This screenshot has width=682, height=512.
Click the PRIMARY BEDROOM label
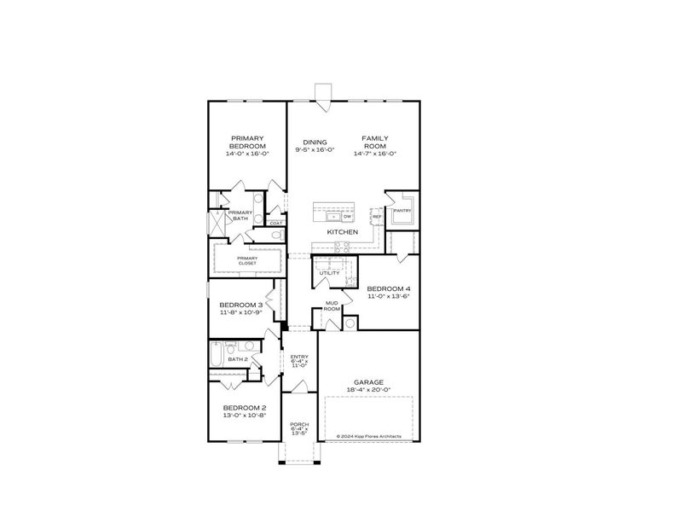247,142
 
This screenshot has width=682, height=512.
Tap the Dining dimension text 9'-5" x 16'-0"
315,150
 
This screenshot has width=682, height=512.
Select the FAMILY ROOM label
375,142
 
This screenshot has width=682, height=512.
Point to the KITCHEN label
342,232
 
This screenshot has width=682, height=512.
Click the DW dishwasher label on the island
347,217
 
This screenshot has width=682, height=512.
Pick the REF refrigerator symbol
376,217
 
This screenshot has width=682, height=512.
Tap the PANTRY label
402,210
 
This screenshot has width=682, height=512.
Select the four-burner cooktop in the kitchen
343,247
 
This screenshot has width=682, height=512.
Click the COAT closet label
276,224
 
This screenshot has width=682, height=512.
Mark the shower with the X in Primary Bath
217,224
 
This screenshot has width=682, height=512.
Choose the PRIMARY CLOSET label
247,260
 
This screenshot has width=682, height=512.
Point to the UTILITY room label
329,273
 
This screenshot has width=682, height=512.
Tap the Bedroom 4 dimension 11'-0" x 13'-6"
389,297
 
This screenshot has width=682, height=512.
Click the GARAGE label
369,382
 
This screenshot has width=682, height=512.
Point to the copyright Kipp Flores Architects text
368,435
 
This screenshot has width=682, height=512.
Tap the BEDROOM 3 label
240,305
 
